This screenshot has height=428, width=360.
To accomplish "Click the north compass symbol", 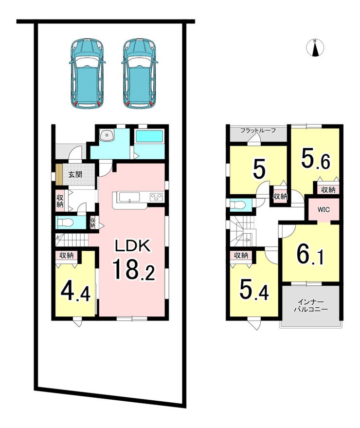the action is click(x=315, y=48).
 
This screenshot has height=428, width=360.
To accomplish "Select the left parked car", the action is click(x=87, y=73).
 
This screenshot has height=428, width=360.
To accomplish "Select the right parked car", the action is click(x=140, y=73).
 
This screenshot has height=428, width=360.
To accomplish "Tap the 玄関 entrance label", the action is click(x=75, y=174).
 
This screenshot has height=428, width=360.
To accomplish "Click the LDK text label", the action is click(x=132, y=246).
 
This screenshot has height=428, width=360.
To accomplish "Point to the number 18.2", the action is click(x=133, y=269).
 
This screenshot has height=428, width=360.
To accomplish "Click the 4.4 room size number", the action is click(x=75, y=291).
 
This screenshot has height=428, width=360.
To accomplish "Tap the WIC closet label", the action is click(x=324, y=210).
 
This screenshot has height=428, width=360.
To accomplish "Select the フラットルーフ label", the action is click(x=258, y=130).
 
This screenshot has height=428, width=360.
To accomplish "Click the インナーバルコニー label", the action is click(x=311, y=306).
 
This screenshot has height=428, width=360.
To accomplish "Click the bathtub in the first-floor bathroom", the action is click(x=149, y=136).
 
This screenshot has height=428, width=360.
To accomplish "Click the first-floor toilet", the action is click(x=64, y=223).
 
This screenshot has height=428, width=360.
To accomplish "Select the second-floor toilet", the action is click(x=237, y=205).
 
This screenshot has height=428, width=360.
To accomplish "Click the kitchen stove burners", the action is click(x=156, y=197).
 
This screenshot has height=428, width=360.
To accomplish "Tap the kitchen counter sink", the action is click(x=129, y=197).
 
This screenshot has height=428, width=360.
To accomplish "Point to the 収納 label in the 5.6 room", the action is click(x=328, y=190).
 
